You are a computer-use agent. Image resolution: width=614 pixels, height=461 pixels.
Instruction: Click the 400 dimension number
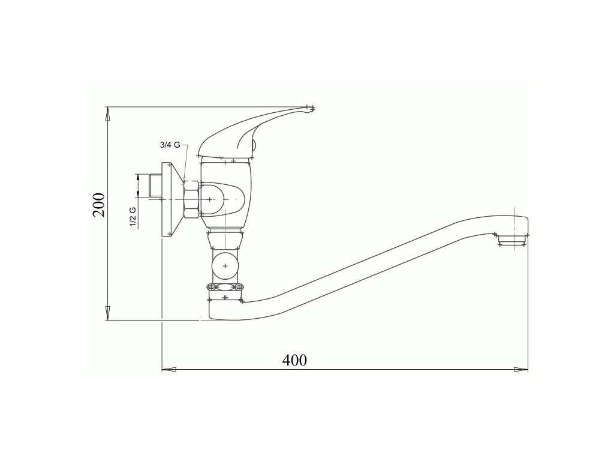(x=294, y=360)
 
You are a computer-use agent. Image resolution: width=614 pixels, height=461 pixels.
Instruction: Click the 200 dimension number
(x=99, y=205)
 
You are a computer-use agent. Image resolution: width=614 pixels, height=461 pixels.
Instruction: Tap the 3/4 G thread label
(x=170, y=145)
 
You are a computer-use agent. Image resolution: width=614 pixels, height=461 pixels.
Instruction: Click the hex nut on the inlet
(x=192, y=199)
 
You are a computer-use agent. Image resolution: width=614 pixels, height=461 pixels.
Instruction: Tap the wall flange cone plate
(x=172, y=199)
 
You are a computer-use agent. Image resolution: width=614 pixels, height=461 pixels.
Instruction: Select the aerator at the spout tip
(x=512, y=240)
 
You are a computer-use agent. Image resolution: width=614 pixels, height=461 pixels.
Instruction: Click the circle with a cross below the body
(x=225, y=266)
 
